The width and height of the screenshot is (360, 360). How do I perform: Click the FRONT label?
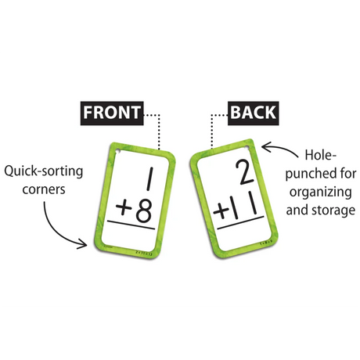coord(112,112)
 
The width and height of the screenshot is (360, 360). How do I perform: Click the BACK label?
coord(252,112)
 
